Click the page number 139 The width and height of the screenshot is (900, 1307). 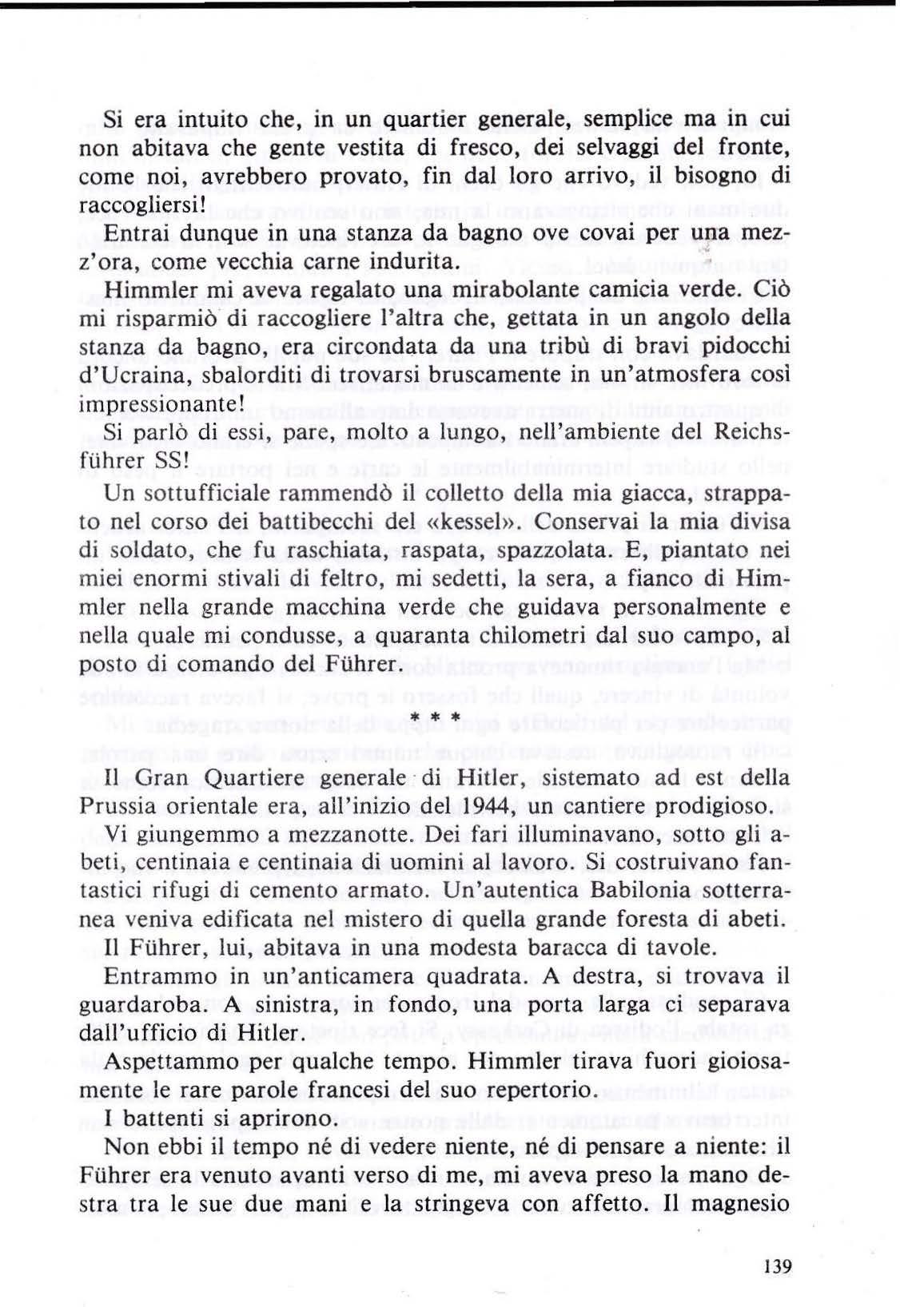[777, 1265]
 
